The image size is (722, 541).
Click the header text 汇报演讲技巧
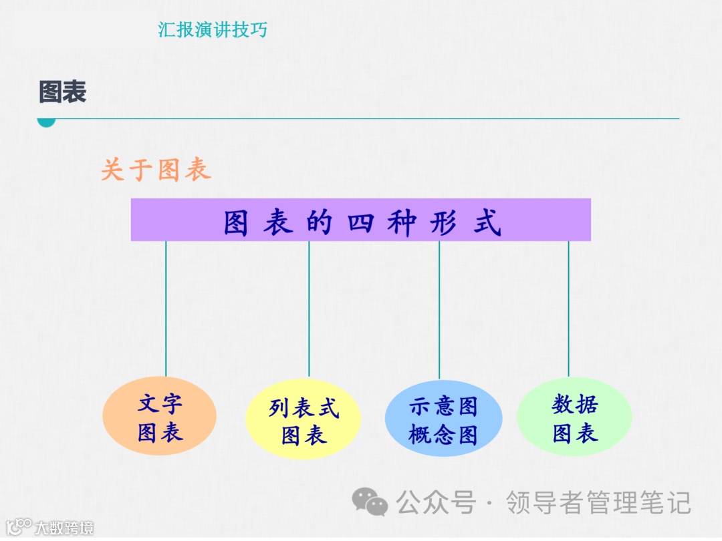pyautogui.click(x=213, y=30)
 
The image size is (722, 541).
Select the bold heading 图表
pyautogui.click(x=63, y=92)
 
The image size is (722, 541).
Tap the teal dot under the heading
pyautogui.click(x=45, y=121)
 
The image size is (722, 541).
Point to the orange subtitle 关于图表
pyautogui.click(x=156, y=170)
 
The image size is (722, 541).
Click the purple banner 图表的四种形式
pyautogui.click(x=361, y=220)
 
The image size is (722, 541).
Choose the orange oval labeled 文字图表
pyautogui.click(x=160, y=417)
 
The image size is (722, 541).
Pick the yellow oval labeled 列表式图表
pyautogui.click(x=304, y=420)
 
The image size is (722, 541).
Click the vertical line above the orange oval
pyautogui.click(x=166, y=307)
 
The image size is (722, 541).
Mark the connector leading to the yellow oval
pyautogui.click(x=309, y=307)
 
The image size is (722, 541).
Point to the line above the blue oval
pyautogui.click(x=439, y=307)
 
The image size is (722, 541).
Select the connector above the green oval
pyautogui.click(x=569, y=307)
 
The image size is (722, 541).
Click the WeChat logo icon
pyautogui.click(x=370, y=502)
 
